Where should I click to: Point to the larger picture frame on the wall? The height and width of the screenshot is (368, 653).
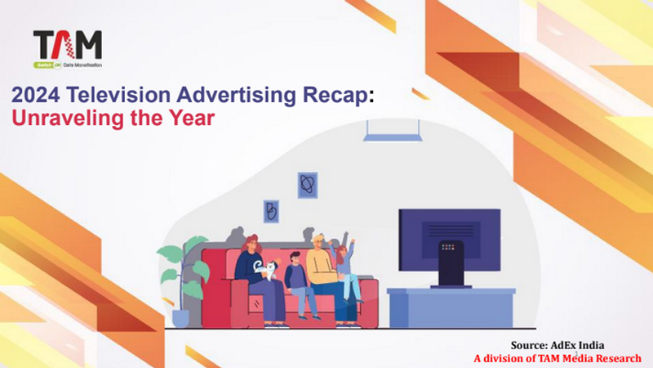pos(307,186)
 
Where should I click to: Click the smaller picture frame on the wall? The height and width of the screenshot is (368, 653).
pos(271,212)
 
